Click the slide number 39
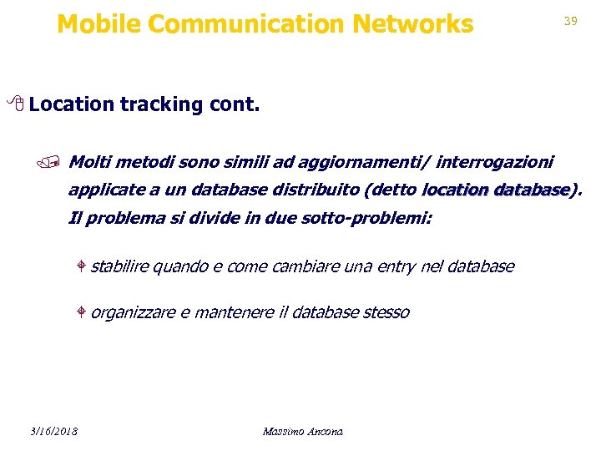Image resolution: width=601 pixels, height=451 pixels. coord(571,21)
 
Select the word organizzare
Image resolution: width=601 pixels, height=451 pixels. coord(133,312)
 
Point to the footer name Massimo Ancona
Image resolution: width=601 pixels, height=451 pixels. coord(302,431)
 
